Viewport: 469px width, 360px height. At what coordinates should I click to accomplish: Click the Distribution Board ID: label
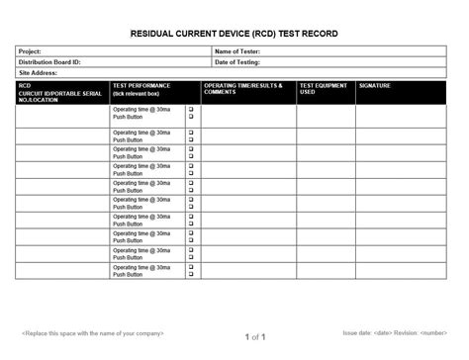click(x=49, y=62)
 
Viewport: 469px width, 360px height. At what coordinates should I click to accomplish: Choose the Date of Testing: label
click(x=238, y=62)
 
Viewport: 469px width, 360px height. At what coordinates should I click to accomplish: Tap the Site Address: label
click(x=39, y=73)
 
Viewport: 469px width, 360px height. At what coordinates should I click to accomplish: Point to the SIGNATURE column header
click(x=376, y=86)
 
